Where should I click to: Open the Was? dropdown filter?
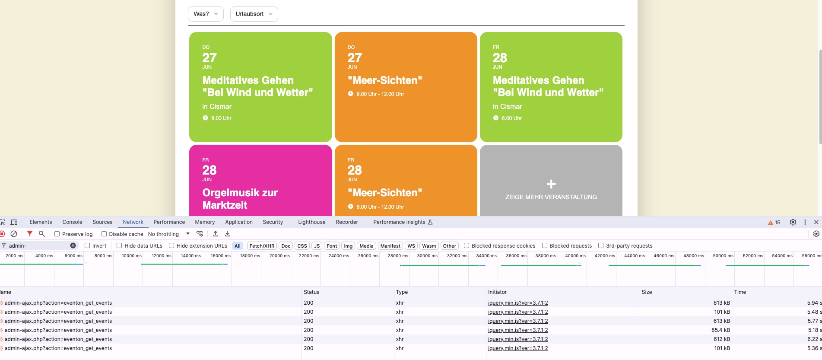206,14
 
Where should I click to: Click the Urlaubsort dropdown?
254,14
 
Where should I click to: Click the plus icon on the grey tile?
551,184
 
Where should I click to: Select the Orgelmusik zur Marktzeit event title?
240,199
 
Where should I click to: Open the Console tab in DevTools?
72,222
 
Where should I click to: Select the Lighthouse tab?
311,222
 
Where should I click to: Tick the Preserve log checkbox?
57,234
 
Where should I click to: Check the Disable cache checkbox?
104,234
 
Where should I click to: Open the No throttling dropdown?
169,234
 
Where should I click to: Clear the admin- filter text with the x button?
73,245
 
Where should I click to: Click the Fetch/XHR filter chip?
262,246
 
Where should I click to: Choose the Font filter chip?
332,246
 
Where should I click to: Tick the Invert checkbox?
87,245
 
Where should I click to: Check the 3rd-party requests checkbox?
601,245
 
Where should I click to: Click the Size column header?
647,292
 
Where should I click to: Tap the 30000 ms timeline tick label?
427,256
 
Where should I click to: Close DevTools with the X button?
816,222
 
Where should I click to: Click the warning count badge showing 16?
774,223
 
